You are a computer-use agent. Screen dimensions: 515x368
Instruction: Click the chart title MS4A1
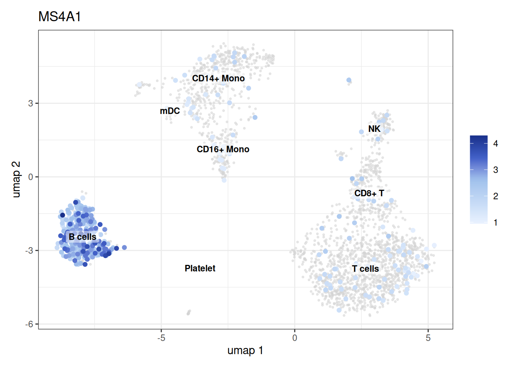click(x=59, y=16)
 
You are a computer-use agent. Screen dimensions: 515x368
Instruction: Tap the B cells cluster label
click(x=82, y=237)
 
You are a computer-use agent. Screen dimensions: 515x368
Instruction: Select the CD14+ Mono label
click(x=218, y=79)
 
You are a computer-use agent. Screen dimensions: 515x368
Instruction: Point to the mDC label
click(x=170, y=111)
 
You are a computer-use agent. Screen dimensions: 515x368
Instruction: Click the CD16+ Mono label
click(x=223, y=149)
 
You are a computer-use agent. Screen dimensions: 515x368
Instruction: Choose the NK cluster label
click(x=374, y=129)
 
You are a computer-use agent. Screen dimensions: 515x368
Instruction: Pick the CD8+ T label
click(x=369, y=193)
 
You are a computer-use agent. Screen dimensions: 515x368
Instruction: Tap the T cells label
click(x=365, y=269)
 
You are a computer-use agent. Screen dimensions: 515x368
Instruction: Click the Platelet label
click(x=200, y=268)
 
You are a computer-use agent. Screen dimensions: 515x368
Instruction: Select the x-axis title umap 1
click(x=245, y=350)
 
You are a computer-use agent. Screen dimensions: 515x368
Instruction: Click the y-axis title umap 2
click(x=16, y=180)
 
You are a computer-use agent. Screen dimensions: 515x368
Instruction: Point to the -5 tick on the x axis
click(x=161, y=338)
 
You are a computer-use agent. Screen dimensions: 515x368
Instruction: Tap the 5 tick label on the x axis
click(x=428, y=338)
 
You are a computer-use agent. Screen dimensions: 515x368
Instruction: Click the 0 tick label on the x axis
click(x=295, y=338)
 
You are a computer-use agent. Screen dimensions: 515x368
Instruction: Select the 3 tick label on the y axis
click(x=31, y=103)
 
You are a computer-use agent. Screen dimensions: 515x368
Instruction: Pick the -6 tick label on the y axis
click(x=29, y=324)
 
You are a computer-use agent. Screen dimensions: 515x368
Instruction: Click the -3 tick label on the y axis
click(x=29, y=251)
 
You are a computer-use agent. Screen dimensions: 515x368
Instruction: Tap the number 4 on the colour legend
click(x=496, y=144)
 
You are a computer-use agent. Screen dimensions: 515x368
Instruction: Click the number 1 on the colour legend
click(x=496, y=223)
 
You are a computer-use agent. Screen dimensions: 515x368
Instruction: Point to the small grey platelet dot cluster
click(x=189, y=312)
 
